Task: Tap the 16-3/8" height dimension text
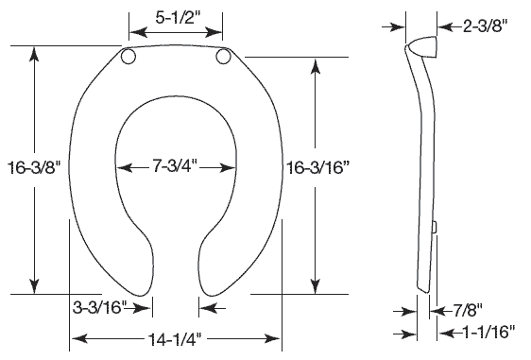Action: click(x=34, y=167)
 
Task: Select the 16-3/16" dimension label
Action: click(x=318, y=167)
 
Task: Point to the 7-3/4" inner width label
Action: click(x=175, y=166)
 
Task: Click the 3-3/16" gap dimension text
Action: click(x=99, y=307)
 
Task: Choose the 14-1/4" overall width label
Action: click(x=175, y=338)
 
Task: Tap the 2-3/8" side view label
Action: click(x=486, y=26)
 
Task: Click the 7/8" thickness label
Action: click(x=468, y=310)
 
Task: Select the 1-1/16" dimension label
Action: click(x=488, y=333)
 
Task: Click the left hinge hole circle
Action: click(x=128, y=57)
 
